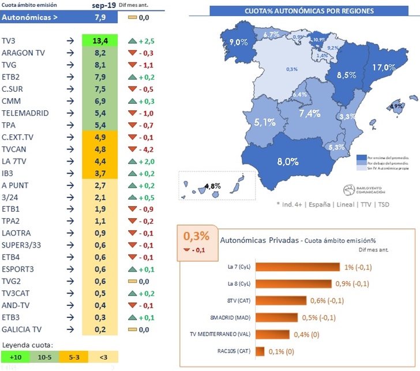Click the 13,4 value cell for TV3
[100, 41]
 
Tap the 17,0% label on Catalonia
[384, 68]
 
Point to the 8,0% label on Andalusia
[287, 162]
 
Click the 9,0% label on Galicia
[238, 43]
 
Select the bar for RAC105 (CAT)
[259, 351]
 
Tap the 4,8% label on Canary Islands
[213, 186]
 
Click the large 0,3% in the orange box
[195, 237]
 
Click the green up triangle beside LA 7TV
[133, 162]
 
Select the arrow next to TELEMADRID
[69, 113]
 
